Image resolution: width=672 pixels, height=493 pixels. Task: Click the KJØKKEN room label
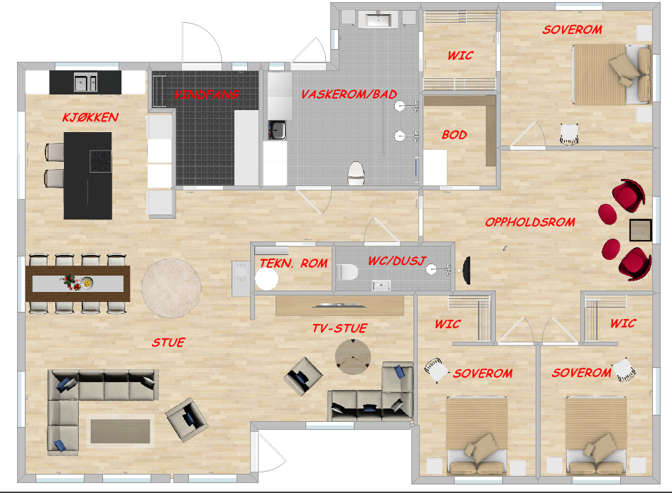(x=90, y=117)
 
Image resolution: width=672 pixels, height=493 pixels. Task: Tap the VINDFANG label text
(x=206, y=94)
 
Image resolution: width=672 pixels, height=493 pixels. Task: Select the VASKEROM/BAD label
(x=349, y=94)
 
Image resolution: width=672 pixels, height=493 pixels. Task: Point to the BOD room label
(x=455, y=134)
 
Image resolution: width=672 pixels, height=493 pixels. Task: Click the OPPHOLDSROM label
(x=530, y=222)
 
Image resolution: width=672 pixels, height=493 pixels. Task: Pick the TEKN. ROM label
(x=293, y=264)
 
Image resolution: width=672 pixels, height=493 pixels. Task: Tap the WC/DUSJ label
(x=397, y=261)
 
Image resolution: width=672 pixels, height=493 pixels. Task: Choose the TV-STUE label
(x=340, y=328)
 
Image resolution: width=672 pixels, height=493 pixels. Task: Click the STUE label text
(x=168, y=342)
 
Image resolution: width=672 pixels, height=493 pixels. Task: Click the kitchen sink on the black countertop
(x=85, y=82)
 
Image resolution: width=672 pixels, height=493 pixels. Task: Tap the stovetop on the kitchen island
(x=100, y=161)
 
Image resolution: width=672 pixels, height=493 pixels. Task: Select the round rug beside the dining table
(x=171, y=288)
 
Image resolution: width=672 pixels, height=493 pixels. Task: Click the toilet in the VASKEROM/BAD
(x=356, y=173)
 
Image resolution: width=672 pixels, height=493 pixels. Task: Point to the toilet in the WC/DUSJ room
(x=347, y=272)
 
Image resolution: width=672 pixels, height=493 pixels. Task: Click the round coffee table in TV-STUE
(x=353, y=357)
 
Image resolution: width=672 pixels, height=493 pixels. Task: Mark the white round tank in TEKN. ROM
(x=266, y=278)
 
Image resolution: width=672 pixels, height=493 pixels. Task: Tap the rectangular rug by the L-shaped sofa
(x=121, y=431)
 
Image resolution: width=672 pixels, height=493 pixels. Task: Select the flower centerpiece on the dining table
(x=69, y=281)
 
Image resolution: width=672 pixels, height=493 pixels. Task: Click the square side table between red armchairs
(x=640, y=230)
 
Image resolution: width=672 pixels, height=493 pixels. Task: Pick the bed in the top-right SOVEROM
(x=612, y=75)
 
